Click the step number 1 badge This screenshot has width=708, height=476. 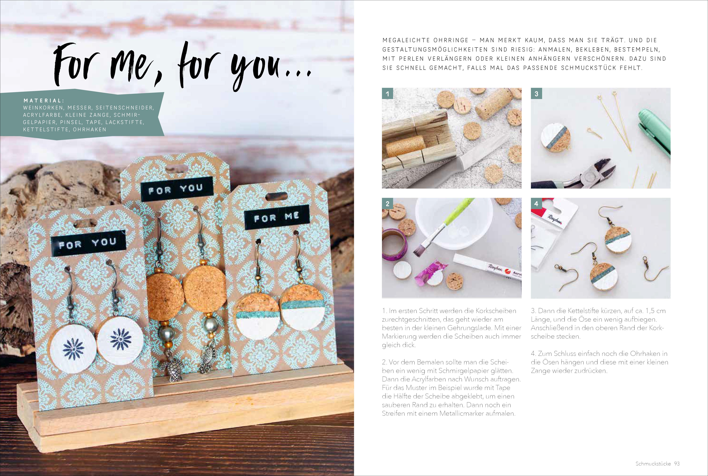pyautogui.click(x=387, y=94)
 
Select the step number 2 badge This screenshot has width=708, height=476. pyautogui.click(x=387, y=204)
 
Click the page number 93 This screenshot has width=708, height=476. pyautogui.click(x=677, y=464)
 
